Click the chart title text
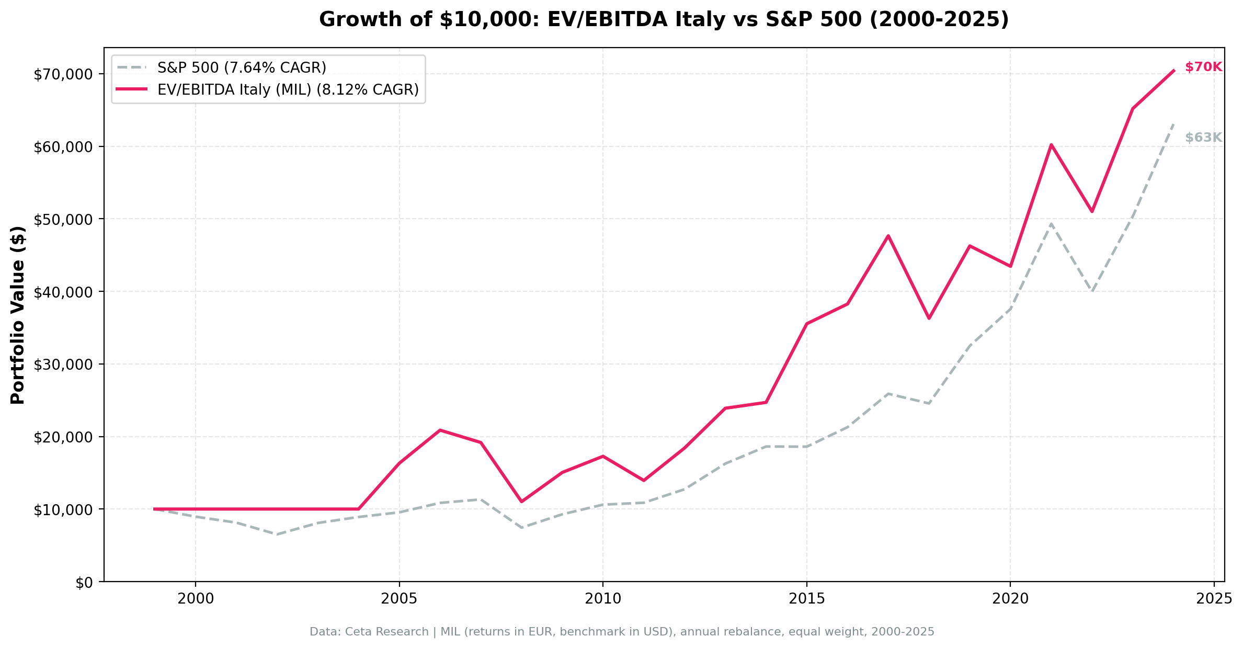664,20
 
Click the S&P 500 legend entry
242,68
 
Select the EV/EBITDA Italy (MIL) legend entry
288,90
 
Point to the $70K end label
1203,67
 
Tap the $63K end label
1203,138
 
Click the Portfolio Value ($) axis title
18,315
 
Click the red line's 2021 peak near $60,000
1051,145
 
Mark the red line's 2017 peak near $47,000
888,236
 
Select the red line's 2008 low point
521,502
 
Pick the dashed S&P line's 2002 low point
277,535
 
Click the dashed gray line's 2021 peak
1051,224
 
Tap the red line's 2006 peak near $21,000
440,430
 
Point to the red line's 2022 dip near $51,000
1091,211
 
